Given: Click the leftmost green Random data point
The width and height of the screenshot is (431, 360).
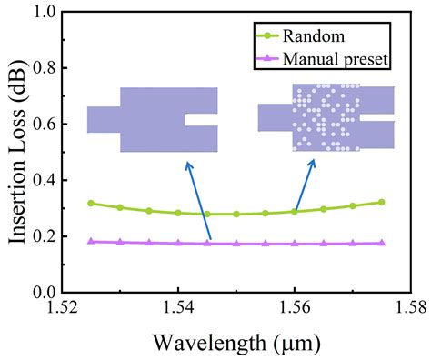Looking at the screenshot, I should tap(91, 203).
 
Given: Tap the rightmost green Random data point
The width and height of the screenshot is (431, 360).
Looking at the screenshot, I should tap(381, 202).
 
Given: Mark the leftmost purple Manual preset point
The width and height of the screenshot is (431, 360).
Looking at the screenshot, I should tap(91, 242).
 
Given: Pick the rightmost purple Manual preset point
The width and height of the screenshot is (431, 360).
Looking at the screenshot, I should tap(381, 243).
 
